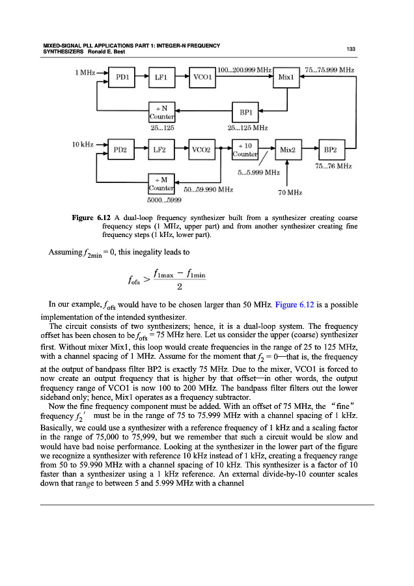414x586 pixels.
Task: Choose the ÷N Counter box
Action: [x=161, y=111]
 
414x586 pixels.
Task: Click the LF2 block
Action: [x=159, y=150]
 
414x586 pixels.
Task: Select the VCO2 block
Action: [x=200, y=150]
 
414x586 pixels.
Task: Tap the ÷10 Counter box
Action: [x=245, y=150]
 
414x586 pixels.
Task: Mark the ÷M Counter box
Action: [x=161, y=183]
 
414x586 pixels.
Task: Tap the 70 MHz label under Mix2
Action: [x=289, y=193]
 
